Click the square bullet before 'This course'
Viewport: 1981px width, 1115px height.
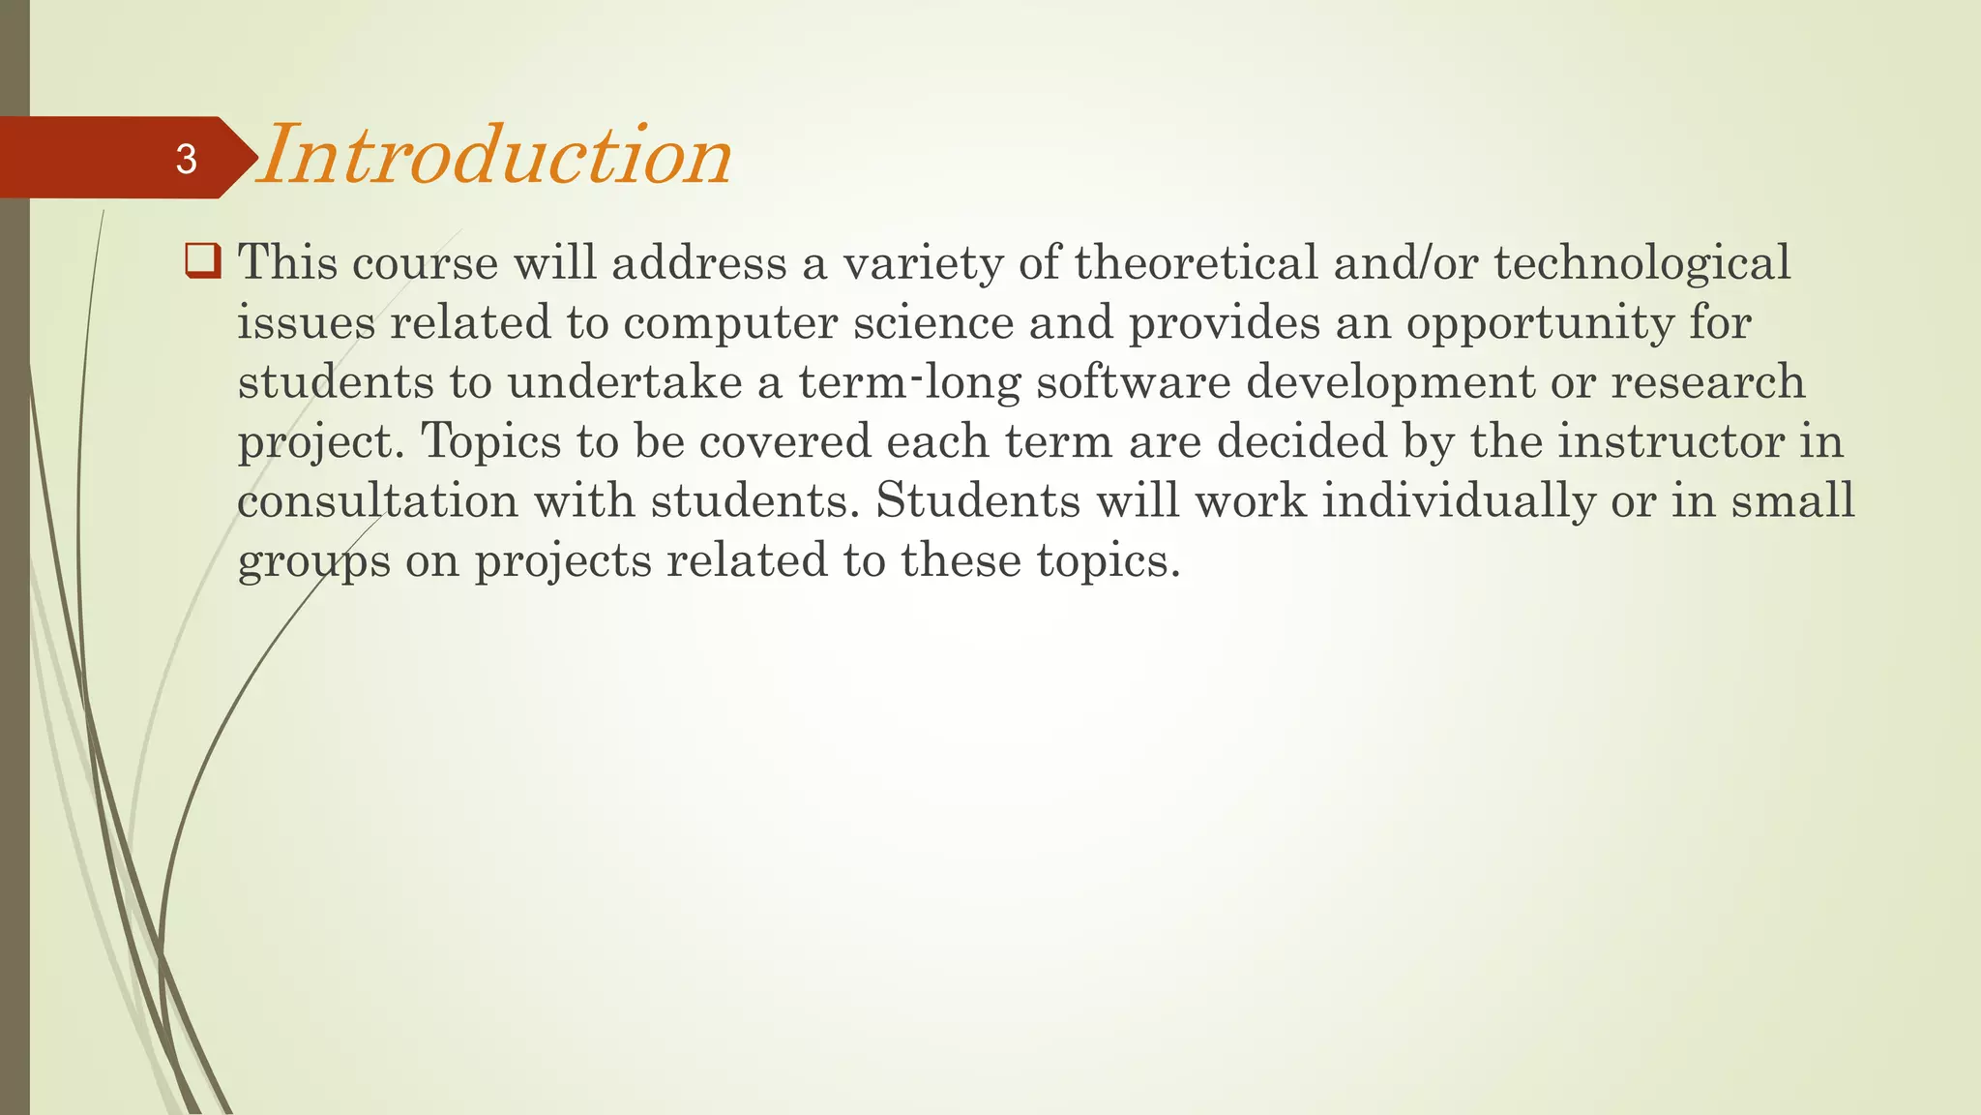point(202,261)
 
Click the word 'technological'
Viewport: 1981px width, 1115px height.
point(1642,263)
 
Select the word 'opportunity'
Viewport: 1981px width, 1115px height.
point(1539,323)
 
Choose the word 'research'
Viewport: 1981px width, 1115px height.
point(1707,382)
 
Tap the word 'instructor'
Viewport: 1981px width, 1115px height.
point(1671,442)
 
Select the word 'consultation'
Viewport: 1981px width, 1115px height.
point(378,501)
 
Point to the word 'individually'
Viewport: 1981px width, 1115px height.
point(1458,501)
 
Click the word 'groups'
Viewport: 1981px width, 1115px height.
point(314,561)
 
